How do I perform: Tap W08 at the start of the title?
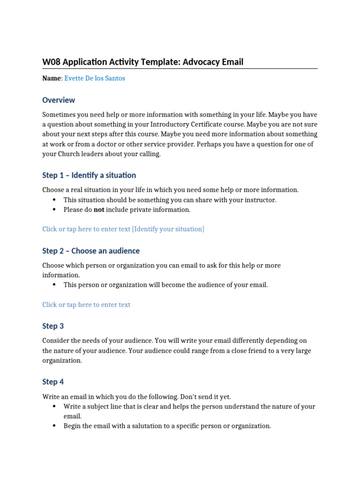click(x=51, y=62)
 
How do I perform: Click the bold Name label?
click(x=51, y=78)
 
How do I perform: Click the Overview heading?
click(x=59, y=100)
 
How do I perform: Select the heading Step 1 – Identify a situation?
click(x=89, y=175)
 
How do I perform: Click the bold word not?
click(x=99, y=210)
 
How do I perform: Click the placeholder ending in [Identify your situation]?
click(x=123, y=229)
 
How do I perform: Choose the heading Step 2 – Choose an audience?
click(x=91, y=251)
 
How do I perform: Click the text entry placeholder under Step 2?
click(x=86, y=305)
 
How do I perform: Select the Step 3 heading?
click(x=53, y=326)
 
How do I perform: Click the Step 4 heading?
click(x=53, y=382)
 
